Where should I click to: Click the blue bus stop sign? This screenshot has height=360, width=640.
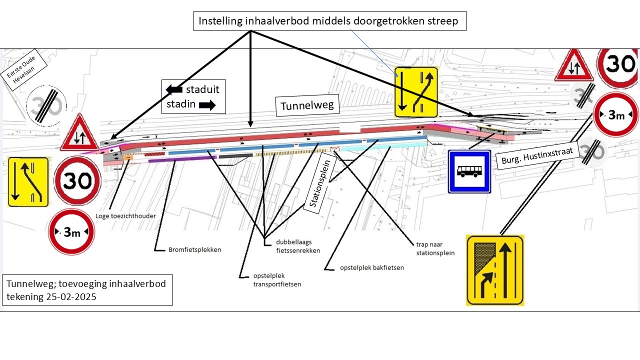[469, 171]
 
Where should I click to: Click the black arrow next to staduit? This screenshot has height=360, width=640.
[174, 89]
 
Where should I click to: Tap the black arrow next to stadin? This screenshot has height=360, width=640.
[206, 105]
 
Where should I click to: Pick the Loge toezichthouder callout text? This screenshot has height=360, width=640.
[125, 216]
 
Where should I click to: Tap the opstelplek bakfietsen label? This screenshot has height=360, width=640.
[371, 267]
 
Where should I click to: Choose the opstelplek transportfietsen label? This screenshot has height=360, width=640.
[270, 280]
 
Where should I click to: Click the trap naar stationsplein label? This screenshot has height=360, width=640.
[435, 249]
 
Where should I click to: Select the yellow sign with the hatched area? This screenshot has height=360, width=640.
[494, 270]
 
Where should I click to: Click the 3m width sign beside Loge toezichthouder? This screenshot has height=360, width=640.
[71, 232]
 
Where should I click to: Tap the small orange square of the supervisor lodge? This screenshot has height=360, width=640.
[128, 157]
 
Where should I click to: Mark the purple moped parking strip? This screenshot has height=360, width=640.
[182, 159]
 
